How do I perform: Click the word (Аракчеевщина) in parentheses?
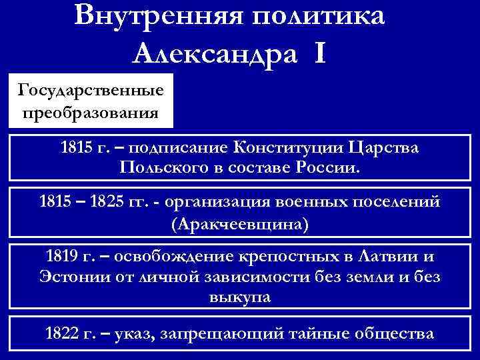click(240, 223)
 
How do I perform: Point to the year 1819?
click(65, 256)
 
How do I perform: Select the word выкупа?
click(239, 297)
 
